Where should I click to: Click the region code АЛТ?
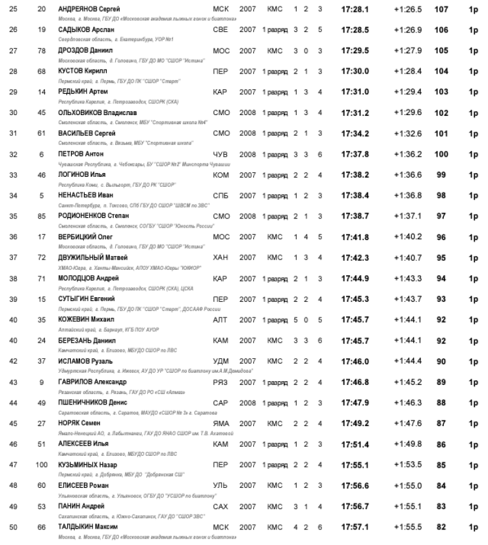pos(221,320)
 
